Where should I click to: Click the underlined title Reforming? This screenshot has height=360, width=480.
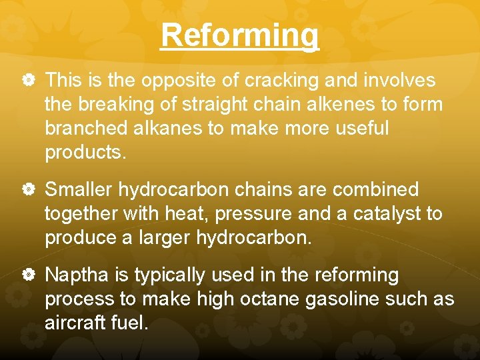(x=240, y=35)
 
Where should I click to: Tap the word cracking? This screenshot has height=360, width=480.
(x=282, y=81)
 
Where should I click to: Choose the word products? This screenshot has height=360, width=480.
(x=85, y=153)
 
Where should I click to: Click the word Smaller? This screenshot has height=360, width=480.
(x=79, y=190)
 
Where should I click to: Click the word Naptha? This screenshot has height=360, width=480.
(x=75, y=275)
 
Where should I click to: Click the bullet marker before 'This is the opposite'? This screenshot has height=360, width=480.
(x=27, y=81)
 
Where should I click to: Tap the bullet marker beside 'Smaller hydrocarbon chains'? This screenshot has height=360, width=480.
(x=27, y=190)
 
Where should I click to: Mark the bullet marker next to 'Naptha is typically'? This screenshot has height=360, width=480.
(x=27, y=275)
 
